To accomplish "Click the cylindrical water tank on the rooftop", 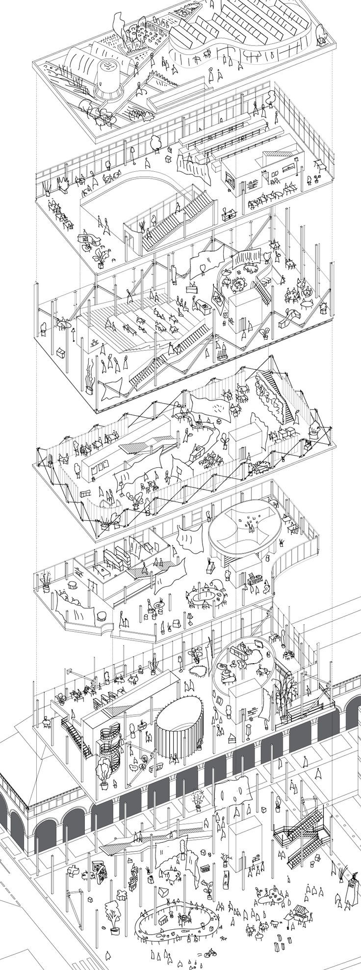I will pyautogui.click(x=109, y=78).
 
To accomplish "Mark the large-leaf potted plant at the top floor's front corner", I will pyautogui.click(x=102, y=256).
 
